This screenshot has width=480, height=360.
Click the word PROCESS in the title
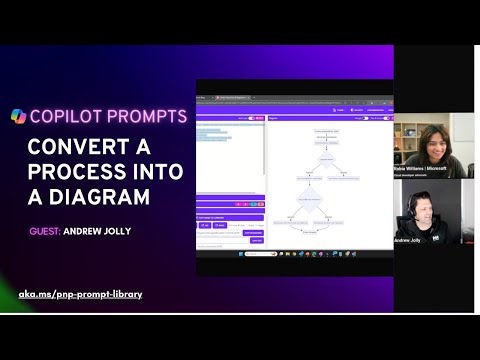pos(72,172)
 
